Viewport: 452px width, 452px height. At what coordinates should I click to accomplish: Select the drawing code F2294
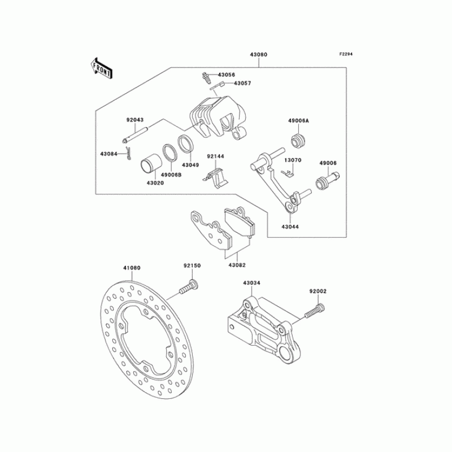tap(346, 54)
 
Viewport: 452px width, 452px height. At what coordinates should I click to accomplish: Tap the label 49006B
tap(171, 175)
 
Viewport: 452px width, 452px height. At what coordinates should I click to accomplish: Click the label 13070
tap(292, 160)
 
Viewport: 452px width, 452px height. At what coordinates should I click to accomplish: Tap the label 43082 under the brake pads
tap(237, 264)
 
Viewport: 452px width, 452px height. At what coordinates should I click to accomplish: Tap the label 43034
tap(251, 282)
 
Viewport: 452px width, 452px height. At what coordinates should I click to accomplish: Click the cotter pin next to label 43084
tap(129, 153)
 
